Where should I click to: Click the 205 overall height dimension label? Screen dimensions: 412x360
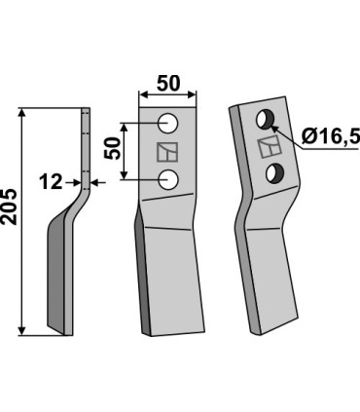(x=11, y=220)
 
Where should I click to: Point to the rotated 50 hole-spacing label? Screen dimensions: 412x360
(x=112, y=149)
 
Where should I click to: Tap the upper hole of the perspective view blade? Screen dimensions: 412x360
(x=264, y=120)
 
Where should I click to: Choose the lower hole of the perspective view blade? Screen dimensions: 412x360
(x=276, y=173)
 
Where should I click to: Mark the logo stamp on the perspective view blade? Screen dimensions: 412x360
(x=269, y=148)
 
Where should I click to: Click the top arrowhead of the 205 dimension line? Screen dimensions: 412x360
(x=22, y=113)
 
